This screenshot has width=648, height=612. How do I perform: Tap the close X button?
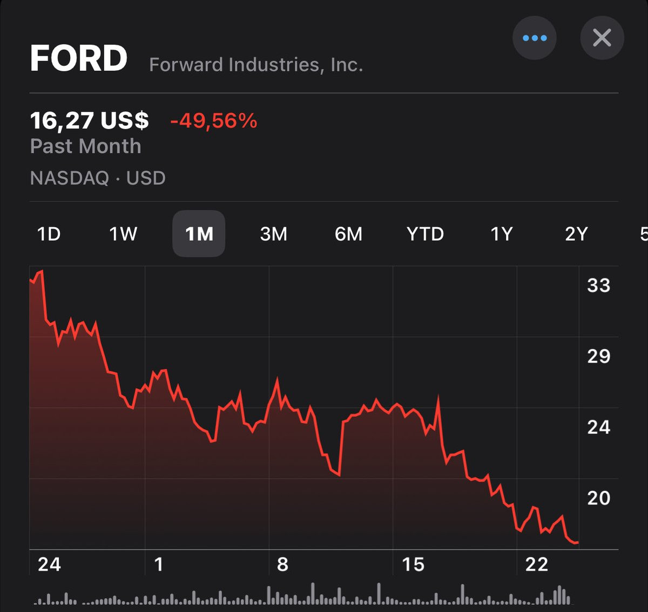602,38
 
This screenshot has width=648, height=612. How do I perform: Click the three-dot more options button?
535,38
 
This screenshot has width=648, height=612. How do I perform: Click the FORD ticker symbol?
79,58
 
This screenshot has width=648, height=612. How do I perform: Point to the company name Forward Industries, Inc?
256,65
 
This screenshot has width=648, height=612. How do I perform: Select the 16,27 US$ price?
90,121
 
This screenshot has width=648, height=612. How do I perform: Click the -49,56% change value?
214,121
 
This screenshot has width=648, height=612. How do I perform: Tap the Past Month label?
85,146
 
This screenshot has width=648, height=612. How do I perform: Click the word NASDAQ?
70,178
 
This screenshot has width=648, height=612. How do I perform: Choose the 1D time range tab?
49,234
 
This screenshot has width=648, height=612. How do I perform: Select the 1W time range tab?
123,234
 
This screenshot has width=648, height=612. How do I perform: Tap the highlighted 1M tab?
199,234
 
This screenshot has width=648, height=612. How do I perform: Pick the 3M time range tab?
273,234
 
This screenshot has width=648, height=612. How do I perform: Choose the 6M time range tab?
348,234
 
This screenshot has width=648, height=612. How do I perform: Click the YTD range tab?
425,234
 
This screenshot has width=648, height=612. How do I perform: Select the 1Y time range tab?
502,234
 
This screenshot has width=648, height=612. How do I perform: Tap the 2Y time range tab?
576,234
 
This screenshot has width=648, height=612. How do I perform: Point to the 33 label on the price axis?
598,285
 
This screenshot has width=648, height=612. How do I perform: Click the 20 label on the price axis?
598,498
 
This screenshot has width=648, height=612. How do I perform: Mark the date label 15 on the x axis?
413,565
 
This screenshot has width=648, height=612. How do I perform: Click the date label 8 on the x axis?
282,565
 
